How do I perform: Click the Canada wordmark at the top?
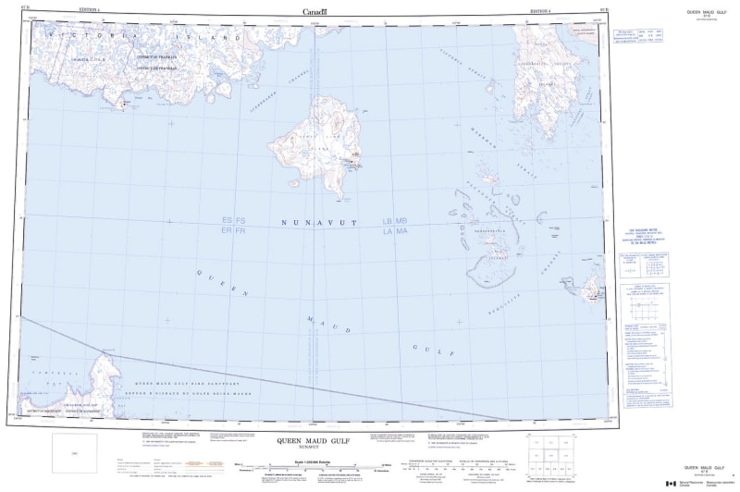(x=314, y=11)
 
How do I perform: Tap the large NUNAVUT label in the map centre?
(x=314, y=223)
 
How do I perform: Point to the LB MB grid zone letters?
(x=395, y=220)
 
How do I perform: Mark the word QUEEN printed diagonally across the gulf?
(x=222, y=283)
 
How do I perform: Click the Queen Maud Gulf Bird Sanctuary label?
(x=172, y=382)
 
